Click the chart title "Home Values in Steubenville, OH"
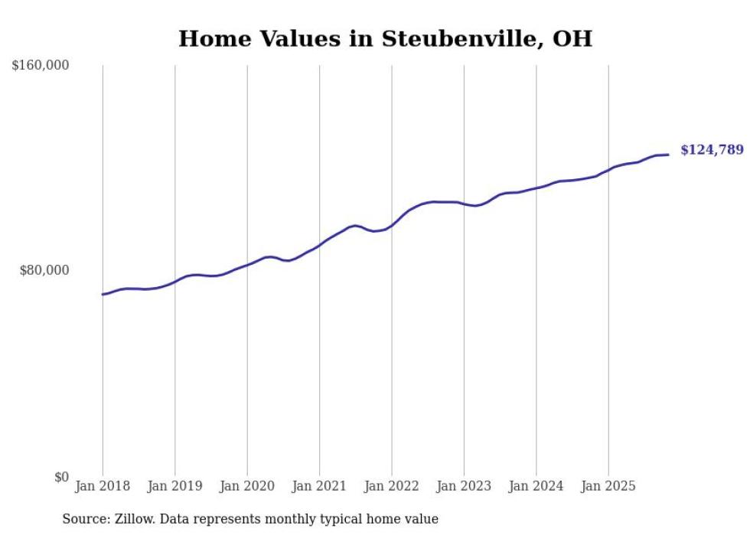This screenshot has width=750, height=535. tap(385, 39)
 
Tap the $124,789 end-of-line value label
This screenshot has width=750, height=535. tap(712, 150)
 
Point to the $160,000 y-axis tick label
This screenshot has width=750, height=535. tap(41, 66)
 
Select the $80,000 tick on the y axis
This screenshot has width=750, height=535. tap(44, 270)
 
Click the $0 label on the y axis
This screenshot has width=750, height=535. tap(61, 478)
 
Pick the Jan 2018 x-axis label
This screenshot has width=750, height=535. tap(103, 486)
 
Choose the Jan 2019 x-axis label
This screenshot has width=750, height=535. tap(175, 486)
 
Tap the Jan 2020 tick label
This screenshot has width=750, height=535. tap(247, 486)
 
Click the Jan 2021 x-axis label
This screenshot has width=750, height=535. tap(320, 486)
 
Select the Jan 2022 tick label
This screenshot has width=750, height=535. tap(392, 486)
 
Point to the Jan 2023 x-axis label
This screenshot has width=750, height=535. tap(464, 486)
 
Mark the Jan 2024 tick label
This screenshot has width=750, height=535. tap(536, 486)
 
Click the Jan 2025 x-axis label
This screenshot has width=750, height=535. tap(608, 486)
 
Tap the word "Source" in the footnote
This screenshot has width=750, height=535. tap(83, 519)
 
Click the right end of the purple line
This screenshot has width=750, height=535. tap(668, 155)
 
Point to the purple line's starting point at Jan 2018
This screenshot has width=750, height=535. tap(103, 294)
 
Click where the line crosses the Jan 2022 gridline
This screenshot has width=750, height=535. tap(392, 224)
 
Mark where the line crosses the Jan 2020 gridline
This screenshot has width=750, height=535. tap(247, 265)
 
